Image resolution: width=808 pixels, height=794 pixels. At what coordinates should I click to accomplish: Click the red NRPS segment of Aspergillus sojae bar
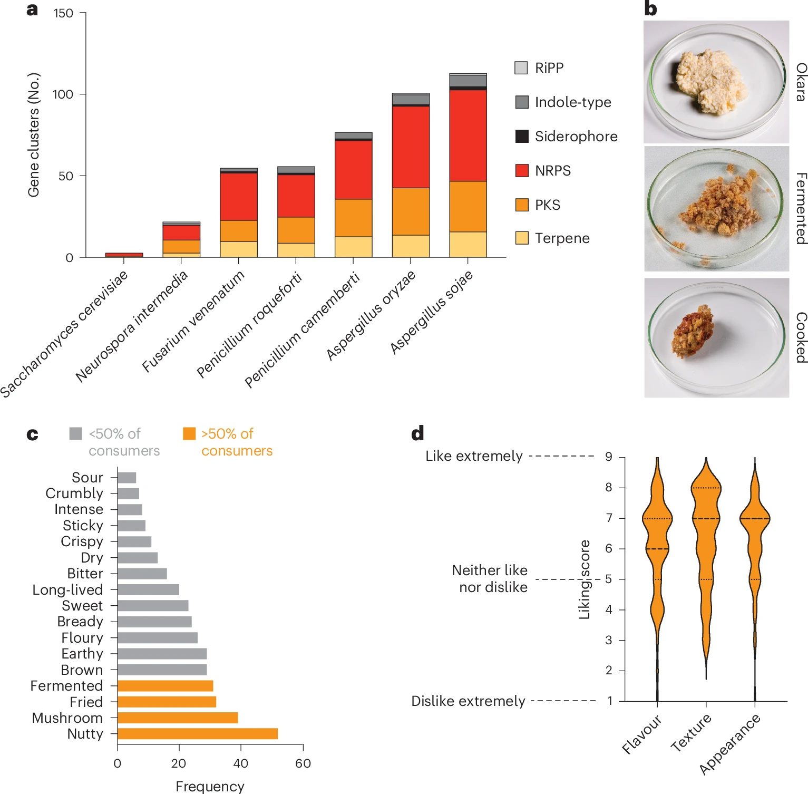(468, 135)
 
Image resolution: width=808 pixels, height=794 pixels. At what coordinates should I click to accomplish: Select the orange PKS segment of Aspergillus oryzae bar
(411, 211)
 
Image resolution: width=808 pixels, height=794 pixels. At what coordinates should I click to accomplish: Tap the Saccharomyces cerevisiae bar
(124, 255)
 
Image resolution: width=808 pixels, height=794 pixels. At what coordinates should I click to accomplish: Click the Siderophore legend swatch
(522, 136)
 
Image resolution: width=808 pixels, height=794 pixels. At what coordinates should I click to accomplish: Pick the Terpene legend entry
(562, 238)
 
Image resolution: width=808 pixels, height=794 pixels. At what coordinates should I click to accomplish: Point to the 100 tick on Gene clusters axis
(63, 94)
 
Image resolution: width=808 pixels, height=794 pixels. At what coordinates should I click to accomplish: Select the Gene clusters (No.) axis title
(34, 135)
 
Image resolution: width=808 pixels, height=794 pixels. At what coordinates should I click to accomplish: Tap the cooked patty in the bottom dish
(692, 331)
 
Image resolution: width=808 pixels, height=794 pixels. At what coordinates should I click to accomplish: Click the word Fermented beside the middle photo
(801, 208)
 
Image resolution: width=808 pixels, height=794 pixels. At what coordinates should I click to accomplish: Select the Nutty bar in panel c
(197, 734)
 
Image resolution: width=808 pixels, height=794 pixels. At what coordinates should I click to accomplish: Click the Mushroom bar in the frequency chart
(178, 718)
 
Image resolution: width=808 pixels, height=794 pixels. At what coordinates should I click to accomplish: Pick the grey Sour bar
(126, 478)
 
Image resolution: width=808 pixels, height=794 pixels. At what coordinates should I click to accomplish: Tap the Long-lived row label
(67, 589)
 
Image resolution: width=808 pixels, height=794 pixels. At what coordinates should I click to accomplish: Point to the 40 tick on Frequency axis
(241, 763)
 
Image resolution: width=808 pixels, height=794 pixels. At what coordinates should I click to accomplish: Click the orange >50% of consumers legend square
(189, 433)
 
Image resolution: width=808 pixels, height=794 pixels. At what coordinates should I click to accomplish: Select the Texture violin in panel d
(706, 554)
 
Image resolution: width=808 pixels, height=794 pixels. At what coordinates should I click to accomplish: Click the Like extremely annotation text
(474, 456)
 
